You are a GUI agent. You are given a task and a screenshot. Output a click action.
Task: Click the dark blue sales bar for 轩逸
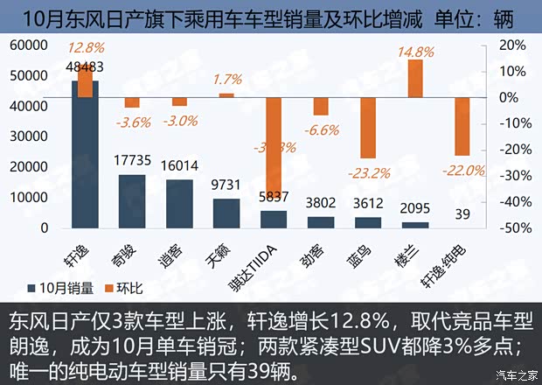[x=85, y=154]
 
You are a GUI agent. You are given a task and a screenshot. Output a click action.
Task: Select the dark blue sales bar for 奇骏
[x=132, y=201]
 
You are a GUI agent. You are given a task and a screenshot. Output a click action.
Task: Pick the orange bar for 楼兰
[x=415, y=78]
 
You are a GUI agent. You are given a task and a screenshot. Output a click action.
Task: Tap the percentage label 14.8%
[x=415, y=52]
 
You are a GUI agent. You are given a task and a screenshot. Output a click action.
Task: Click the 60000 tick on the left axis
[x=31, y=45]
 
